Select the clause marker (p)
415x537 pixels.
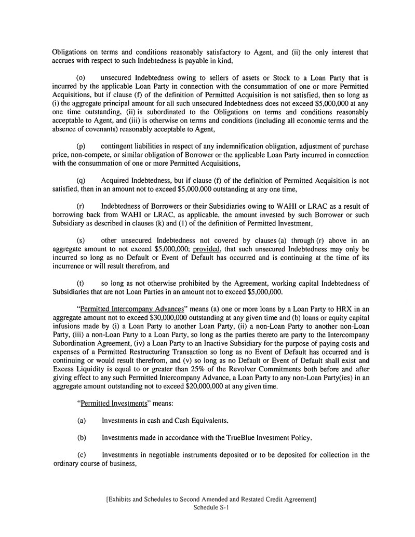coord(81,146)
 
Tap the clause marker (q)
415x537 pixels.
coord(81,181)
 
